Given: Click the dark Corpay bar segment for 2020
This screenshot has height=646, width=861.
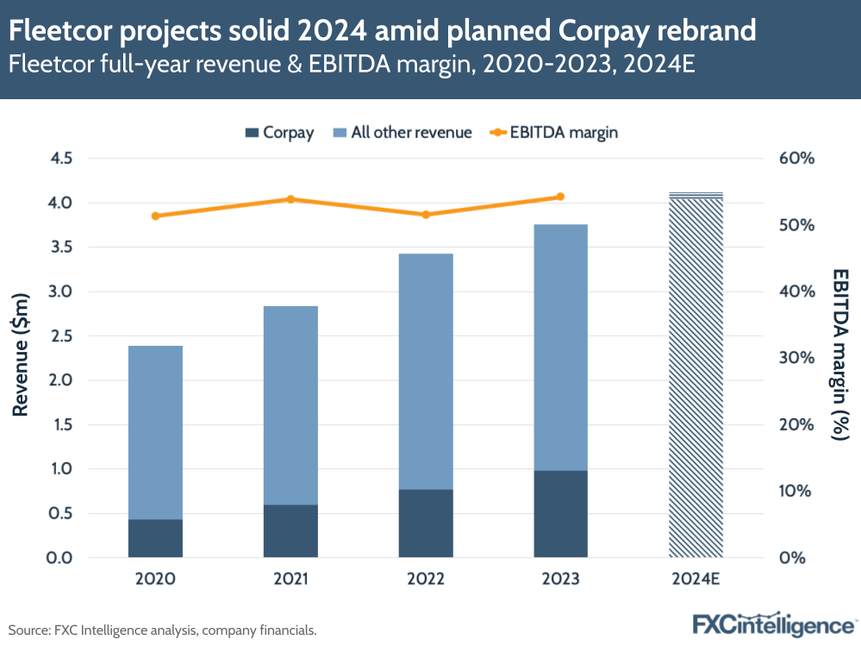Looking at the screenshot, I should [155, 538].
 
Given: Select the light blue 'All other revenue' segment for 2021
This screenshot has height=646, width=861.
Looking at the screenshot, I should [290, 405].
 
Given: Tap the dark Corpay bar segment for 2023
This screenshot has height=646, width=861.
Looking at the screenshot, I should [560, 514].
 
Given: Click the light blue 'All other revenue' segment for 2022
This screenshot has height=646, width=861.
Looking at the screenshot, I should [426, 371].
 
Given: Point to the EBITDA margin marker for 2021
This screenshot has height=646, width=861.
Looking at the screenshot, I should [290, 199].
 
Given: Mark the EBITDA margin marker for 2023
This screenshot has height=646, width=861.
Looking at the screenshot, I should [560, 197].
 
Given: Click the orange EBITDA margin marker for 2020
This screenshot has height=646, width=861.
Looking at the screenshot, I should [155, 216].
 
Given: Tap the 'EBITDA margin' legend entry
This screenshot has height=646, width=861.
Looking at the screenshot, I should [555, 133].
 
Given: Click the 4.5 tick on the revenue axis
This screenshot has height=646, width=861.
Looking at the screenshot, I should [62, 159].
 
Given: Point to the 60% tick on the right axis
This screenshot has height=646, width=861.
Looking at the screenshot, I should [796, 159].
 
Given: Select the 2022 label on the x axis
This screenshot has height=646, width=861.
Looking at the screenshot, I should [426, 579].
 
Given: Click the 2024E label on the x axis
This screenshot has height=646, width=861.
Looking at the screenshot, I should [696, 579].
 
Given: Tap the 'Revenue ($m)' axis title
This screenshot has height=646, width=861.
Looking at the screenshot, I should [22, 355].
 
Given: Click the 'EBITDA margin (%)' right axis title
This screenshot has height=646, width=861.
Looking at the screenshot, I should [840, 355].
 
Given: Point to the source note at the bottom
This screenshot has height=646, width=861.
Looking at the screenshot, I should [163, 630].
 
